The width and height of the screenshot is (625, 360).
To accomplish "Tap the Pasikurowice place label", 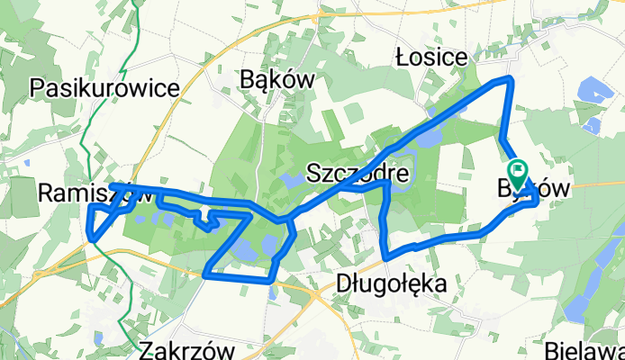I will click(x=104, y=86).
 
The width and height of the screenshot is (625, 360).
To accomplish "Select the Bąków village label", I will click(x=277, y=79).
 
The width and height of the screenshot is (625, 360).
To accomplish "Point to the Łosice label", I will click(x=432, y=58).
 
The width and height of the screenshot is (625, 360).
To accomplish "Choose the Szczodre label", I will click(x=358, y=171).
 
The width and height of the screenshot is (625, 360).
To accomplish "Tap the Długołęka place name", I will click(x=392, y=284).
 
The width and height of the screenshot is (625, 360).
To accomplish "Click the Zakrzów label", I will click(x=188, y=349).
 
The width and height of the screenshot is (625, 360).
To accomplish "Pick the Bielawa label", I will click(x=584, y=349).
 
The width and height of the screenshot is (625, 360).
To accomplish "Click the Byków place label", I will click(x=535, y=189).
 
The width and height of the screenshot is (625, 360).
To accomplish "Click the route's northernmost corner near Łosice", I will click(x=511, y=79).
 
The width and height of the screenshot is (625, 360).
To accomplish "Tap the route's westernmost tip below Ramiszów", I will click(x=89, y=238).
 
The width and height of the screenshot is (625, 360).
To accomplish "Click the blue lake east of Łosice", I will click(x=593, y=90).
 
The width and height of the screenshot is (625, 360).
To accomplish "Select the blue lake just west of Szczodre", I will click(x=291, y=180).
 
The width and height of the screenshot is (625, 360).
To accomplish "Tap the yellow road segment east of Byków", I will click(x=585, y=184).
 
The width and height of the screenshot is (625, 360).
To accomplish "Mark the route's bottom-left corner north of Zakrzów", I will click(x=207, y=274).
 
